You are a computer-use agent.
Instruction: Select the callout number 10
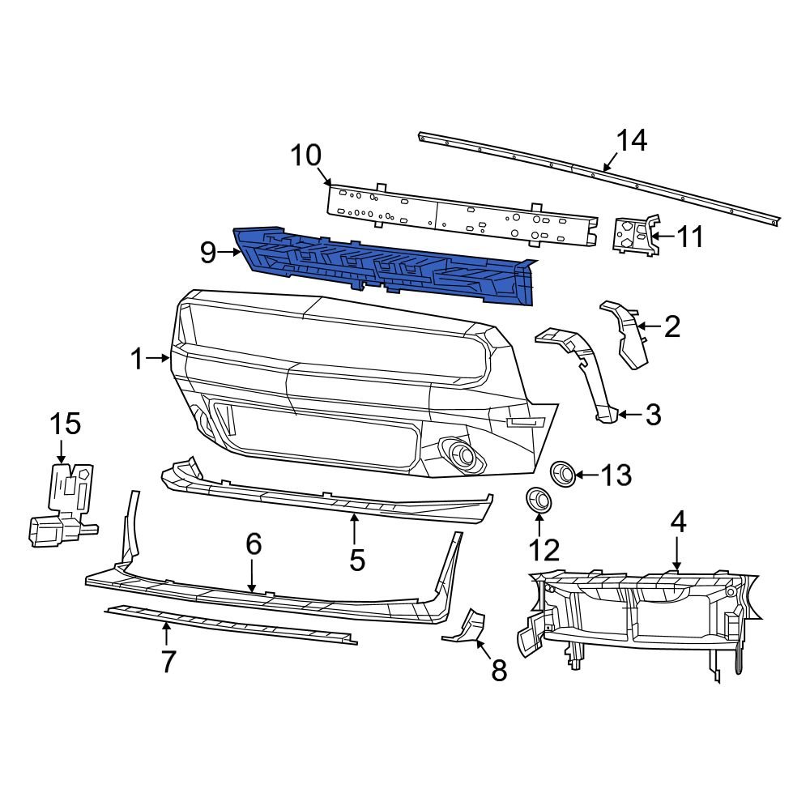[x=306, y=156]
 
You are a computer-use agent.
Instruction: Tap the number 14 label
[x=631, y=141]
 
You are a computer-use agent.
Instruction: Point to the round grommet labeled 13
[x=563, y=473]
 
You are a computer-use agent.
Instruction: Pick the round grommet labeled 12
[x=537, y=500]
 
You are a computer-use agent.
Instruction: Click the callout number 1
[x=137, y=359]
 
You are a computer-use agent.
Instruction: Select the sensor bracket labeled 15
[x=63, y=502]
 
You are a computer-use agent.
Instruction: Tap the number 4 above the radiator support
[x=677, y=522]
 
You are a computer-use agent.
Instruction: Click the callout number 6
[x=254, y=544]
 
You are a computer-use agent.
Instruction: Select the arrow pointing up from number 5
[x=354, y=528]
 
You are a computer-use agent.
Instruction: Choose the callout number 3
[x=653, y=416]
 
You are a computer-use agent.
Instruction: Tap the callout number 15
[x=66, y=423]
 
